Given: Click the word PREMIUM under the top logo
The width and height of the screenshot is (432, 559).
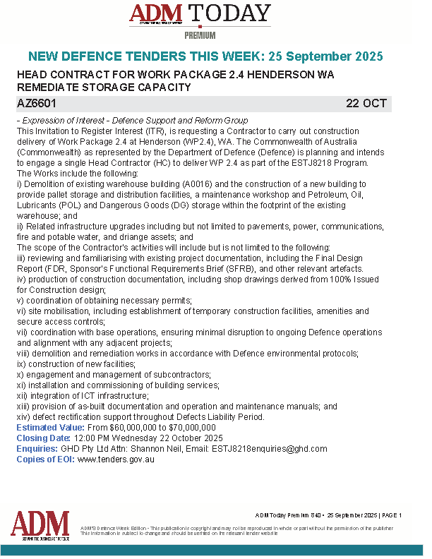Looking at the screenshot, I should click(200, 35).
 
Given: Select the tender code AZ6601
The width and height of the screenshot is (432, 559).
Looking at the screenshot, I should click(37, 103).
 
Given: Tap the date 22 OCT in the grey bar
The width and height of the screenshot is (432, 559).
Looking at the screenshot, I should click(366, 103).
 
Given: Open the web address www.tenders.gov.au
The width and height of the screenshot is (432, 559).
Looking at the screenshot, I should click(115, 459).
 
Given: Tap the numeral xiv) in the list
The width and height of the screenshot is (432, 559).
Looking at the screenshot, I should click(24, 417).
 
